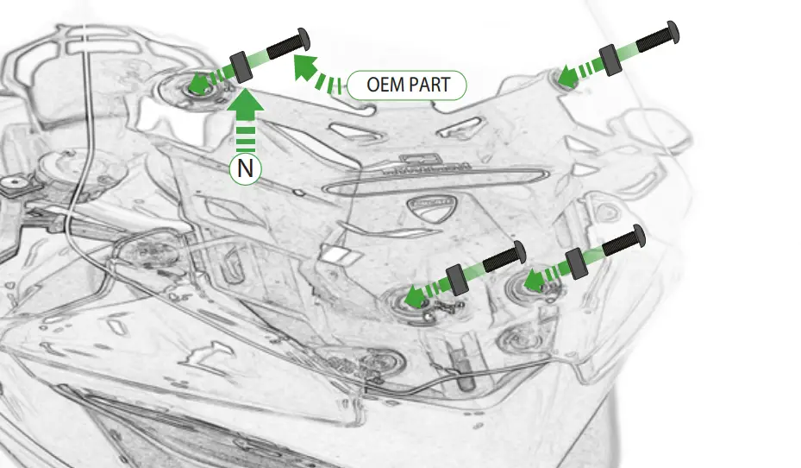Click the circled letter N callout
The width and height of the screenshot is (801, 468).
[x=246, y=168]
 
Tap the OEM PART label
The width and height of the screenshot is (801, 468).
[x=407, y=85]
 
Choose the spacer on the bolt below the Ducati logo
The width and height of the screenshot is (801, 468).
[x=456, y=278]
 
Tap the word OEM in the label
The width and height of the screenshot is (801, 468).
[x=384, y=85]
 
